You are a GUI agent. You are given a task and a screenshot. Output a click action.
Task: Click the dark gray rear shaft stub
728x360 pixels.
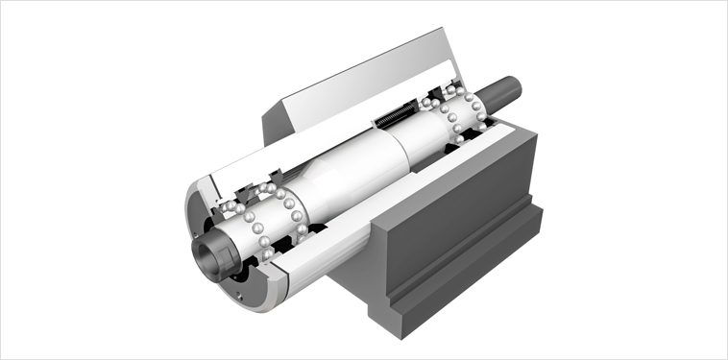point(501,91)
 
